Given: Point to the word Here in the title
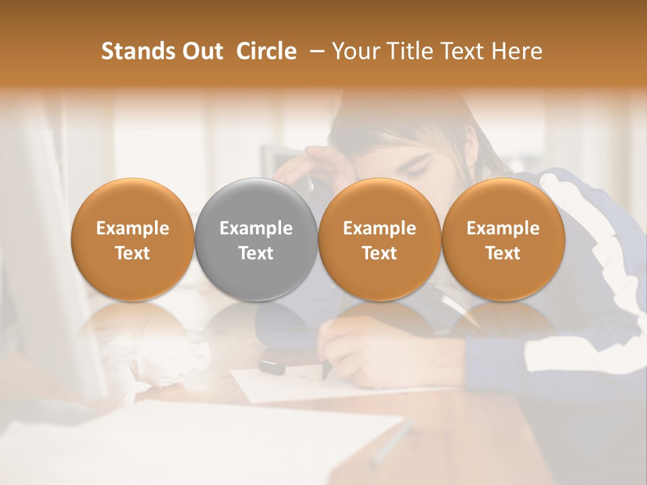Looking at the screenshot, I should (x=518, y=51).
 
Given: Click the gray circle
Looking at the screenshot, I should (x=256, y=240).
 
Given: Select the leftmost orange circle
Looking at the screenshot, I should (x=133, y=240).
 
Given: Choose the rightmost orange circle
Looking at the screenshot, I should (x=503, y=240).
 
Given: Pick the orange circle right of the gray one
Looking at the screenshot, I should (x=379, y=240).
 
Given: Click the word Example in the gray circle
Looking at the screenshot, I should (x=256, y=228).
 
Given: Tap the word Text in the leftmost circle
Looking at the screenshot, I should (x=133, y=253).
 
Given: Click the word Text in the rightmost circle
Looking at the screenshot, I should (x=503, y=253).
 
